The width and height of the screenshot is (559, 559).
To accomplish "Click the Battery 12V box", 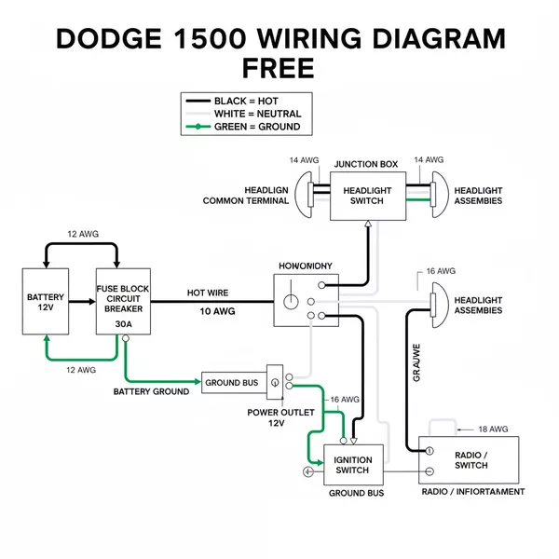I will click(x=46, y=303).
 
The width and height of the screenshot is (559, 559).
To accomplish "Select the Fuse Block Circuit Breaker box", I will click(x=123, y=303).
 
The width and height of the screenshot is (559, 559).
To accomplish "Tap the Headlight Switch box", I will click(x=368, y=196).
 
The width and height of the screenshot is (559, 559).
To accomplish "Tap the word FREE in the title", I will click(x=279, y=70).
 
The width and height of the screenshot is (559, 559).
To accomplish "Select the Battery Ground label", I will click(x=151, y=391).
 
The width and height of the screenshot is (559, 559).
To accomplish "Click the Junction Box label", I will click(x=365, y=164).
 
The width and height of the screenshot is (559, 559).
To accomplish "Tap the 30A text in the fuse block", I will click(x=123, y=324).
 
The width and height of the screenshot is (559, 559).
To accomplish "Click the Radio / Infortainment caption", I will click(x=472, y=491).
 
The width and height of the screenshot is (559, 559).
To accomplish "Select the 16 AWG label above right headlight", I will click(x=442, y=271).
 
